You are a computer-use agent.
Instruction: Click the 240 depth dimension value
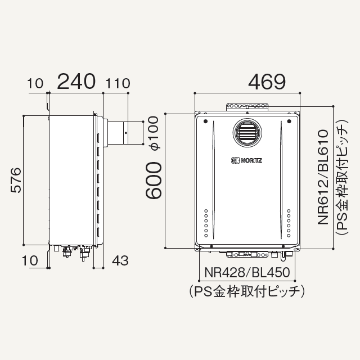pyautogui.click(x=76, y=82)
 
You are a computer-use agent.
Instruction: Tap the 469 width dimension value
pyautogui.click(x=267, y=82)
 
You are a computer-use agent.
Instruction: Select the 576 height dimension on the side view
pyautogui.click(x=16, y=180)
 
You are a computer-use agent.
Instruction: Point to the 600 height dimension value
pyautogui.click(x=154, y=180)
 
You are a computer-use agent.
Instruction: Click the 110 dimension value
pyautogui.click(x=118, y=83)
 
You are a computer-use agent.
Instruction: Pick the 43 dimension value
pyautogui.click(x=120, y=260)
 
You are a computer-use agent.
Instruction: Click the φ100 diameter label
pyautogui.click(x=154, y=133)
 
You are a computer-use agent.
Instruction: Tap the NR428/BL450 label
pyautogui.click(x=247, y=272)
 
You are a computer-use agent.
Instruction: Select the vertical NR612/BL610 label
pyautogui.click(x=323, y=177)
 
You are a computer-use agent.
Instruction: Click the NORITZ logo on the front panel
pyautogui.click(x=246, y=160)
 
